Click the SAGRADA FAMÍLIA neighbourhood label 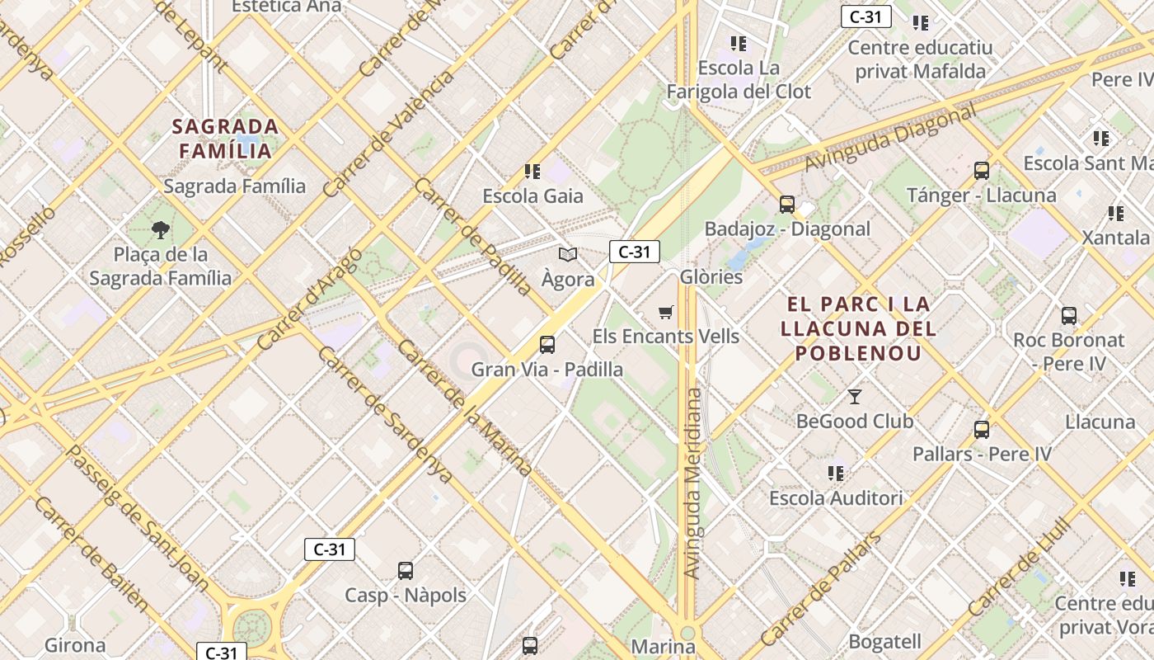[x=225, y=139]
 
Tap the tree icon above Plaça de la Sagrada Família [x=161, y=230]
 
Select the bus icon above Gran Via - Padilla [x=547, y=345]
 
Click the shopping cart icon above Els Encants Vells [x=666, y=312]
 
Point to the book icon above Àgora [x=568, y=254]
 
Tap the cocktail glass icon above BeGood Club [x=855, y=397]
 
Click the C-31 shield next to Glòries [x=635, y=252]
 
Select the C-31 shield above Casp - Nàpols [x=330, y=549]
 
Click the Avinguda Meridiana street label [x=693, y=483]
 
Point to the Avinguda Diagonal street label [x=891, y=138]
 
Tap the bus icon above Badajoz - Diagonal [x=787, y=204]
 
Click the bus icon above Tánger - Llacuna [x=982, y=171]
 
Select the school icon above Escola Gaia [x=532, y=172]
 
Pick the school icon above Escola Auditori [x=836, y=474]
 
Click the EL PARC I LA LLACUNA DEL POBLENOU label [x=858, y=328]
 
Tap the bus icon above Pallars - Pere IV [x=982, y=430]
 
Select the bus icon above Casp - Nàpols [x=406, y=571]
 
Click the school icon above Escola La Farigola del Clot [x=739, y=43]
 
